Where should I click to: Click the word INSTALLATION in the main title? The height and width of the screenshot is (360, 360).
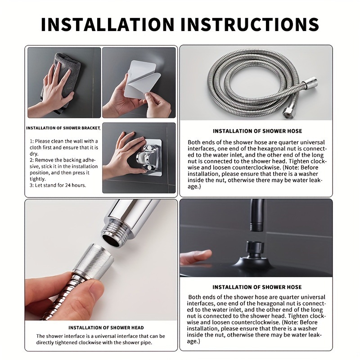[108, 24]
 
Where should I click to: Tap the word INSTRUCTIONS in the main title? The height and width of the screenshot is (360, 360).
[250, 24]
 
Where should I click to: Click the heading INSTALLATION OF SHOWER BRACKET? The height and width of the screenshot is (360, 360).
[63, 128]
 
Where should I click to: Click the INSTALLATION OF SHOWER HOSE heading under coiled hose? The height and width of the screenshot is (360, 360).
[257, 131]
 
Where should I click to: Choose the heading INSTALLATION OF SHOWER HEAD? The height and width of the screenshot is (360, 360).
[106, 328]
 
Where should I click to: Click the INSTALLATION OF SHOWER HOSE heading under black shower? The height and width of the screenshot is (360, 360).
[257, 287]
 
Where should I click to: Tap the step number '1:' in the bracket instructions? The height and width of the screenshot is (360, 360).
[31, 141]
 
